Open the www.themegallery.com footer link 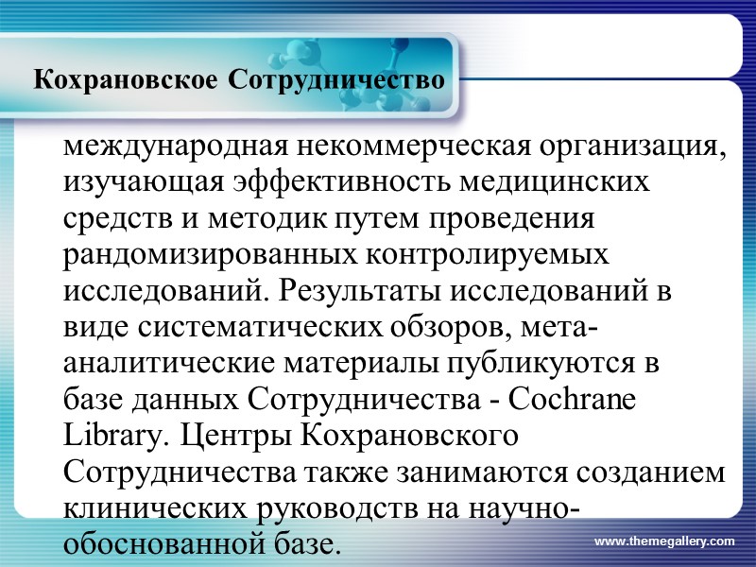[x=664, y=541]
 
